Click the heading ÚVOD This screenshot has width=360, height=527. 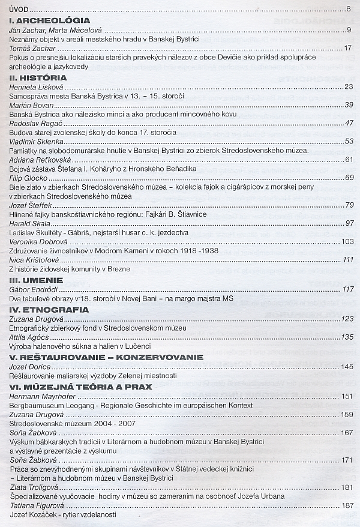[x=20, y=9]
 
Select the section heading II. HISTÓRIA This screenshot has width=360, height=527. [x=38, y=77]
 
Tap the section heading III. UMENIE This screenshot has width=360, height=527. [x=37, y=279]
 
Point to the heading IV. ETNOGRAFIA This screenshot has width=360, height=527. [x=49, y=310]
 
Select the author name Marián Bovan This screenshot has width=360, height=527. [x=32, y=104]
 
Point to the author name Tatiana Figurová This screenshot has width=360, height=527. [x=37, y=505]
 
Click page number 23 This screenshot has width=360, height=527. [x=349, y=87]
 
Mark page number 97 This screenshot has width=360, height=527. [x=349, y=223]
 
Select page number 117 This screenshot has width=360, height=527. [x=347, y=289]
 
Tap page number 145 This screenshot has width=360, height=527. [x=347, y=366]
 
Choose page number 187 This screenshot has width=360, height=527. [x=347, y=505]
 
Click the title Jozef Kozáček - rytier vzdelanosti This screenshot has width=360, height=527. [x=63, y=514]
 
